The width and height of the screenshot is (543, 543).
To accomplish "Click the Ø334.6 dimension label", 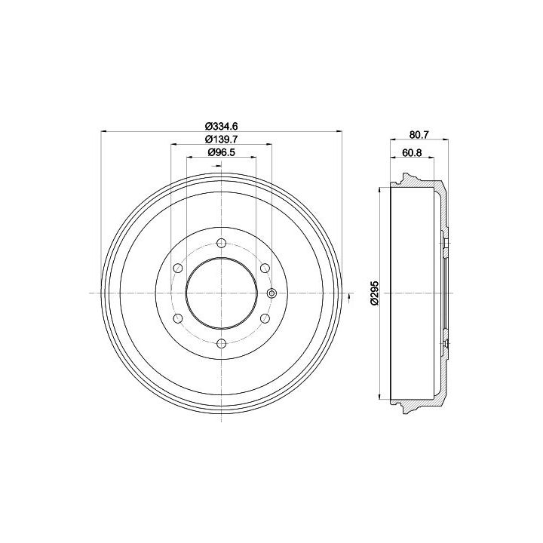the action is pyautogui.click(x=222, y=126).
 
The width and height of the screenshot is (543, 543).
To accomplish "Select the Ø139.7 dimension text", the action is pyautogui.click(x=221, y=140).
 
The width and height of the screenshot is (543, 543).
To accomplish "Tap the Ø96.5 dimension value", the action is pyautogui.click(x=221, y=152).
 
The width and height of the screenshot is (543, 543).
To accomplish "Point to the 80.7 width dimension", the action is pyautogui.click(x=419, y=135).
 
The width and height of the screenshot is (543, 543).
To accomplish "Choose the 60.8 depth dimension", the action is pyautogui.click(x=412, y=152).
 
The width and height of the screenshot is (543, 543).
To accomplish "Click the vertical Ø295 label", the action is pyautogui.click(x=375, y=293).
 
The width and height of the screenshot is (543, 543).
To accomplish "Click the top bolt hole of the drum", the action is pyautogui.click(x=221, y=243).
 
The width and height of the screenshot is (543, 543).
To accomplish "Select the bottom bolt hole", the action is pyautogui.click(x=221, y=344).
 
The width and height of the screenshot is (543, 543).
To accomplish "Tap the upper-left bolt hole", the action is pyautogui.click(x=178, y=268).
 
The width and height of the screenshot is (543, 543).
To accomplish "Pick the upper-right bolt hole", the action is pyautogui.click(x=265, y=268).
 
